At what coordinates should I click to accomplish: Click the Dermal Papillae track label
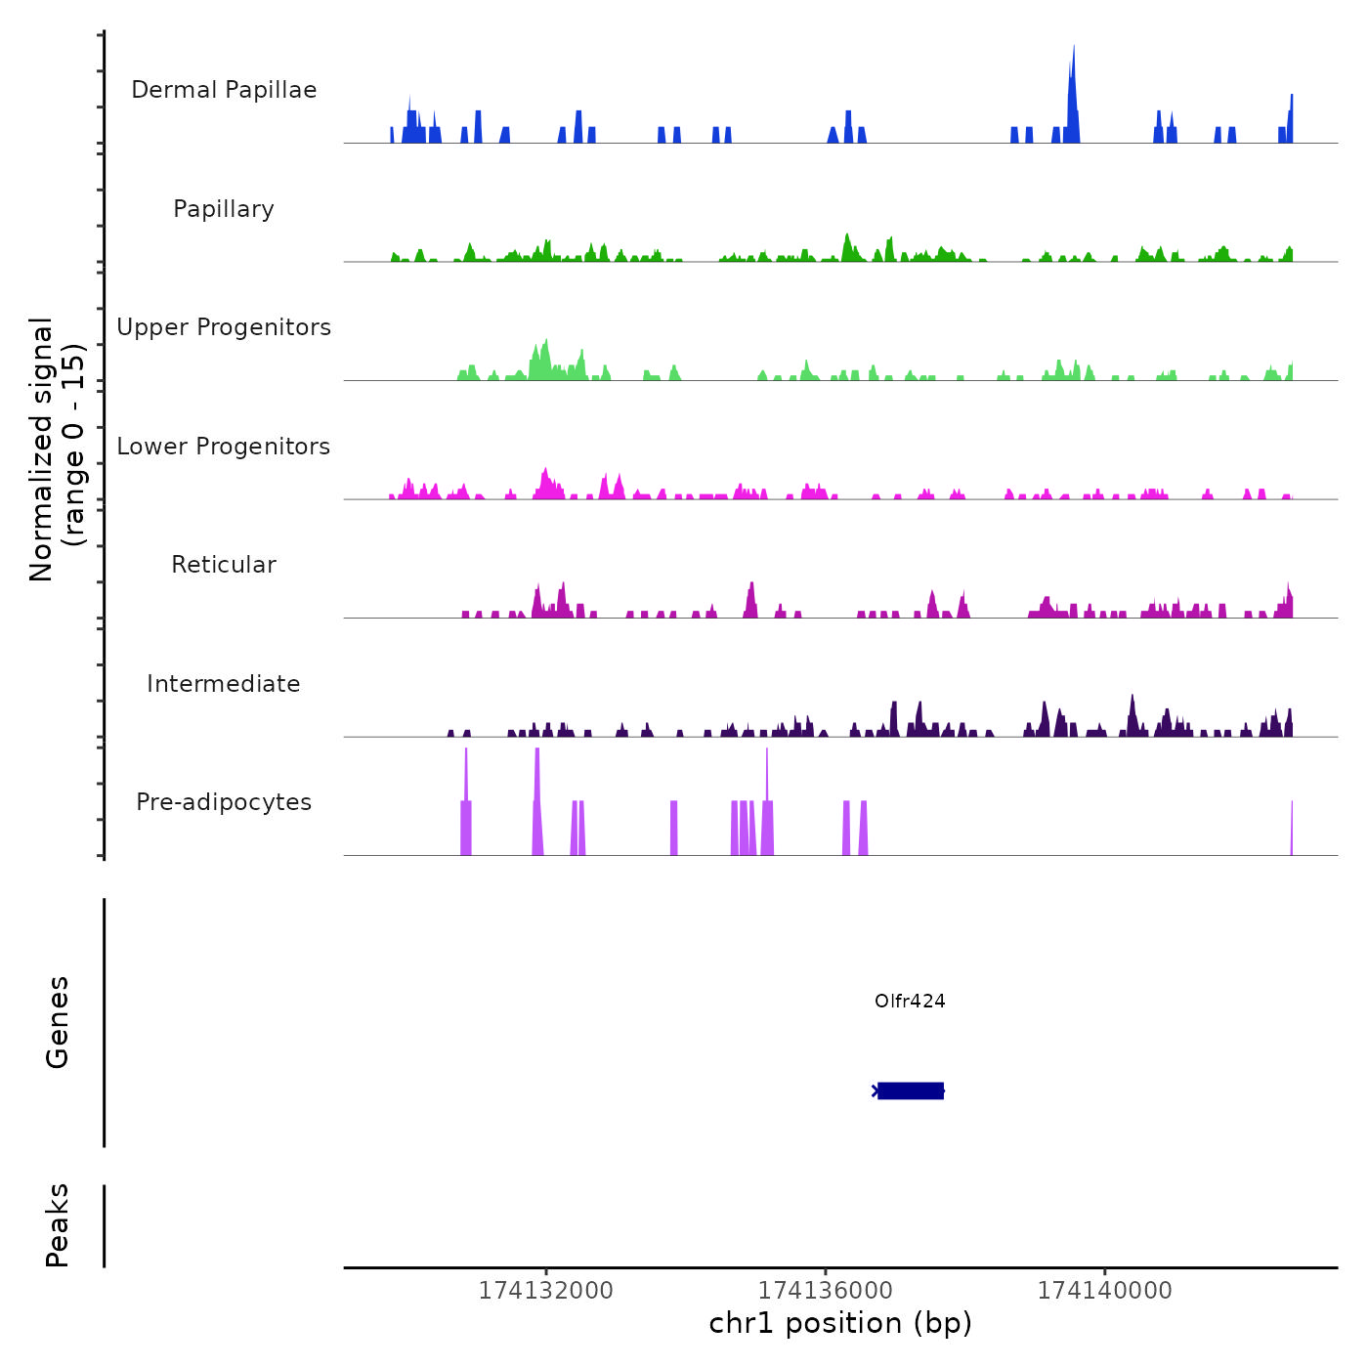[224, 90]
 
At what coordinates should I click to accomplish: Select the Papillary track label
[224, 209]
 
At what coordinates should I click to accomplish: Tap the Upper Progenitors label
[224, 327]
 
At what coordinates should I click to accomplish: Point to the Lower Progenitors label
[224, 447]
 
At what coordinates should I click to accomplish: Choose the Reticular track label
[224, 565]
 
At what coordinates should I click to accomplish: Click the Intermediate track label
[224, 684]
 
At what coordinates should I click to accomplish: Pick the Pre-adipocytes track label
[224, 802]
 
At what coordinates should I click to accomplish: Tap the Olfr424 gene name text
[910, 1001]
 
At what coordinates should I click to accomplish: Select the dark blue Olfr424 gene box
[911, 1090]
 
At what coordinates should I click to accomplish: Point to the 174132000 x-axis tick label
[545, 1291]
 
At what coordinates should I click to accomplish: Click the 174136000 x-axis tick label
[826, 1291]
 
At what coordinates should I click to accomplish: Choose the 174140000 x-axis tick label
[1104, 1291]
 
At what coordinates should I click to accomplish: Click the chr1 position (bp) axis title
[840, 1323]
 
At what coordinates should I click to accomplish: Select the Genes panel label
[58, 1022]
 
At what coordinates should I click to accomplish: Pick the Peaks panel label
[58, 1225]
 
